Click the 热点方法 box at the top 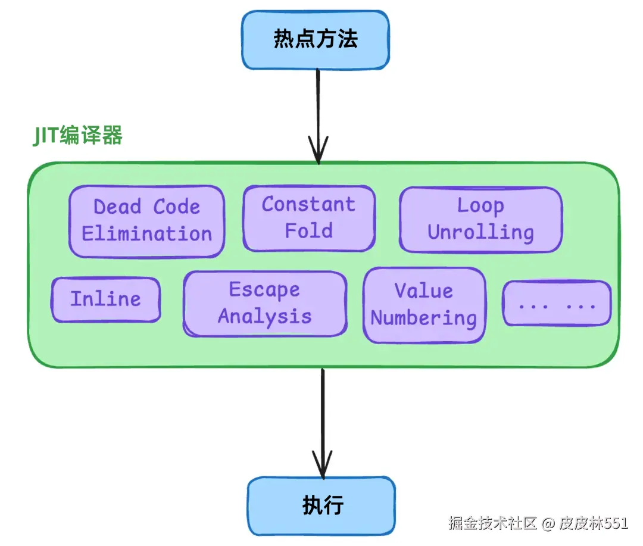click(x=315, y=40)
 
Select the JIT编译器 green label click(x=77, y=136)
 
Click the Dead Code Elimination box click(x=146, y=221)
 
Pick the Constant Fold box click(x=308, y=218)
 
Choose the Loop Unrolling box click(x=480, y=220)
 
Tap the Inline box click(x=106, y=299)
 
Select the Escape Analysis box click(x=264, y=303)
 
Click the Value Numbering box click(x=424, y=305)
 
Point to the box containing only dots click(x=557, y=304)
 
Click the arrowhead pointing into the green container click(x=319, y=152)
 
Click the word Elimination click(x=146, y=234)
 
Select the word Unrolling click(x=480, y=232)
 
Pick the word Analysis click(x=264, y=316)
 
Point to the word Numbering click(x=424, y=318)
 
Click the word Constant click(x=308, y=205)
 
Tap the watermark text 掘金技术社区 click(x=493, y=523)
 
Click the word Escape click(x=264, y=290)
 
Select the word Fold click(x=308, y=231)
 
